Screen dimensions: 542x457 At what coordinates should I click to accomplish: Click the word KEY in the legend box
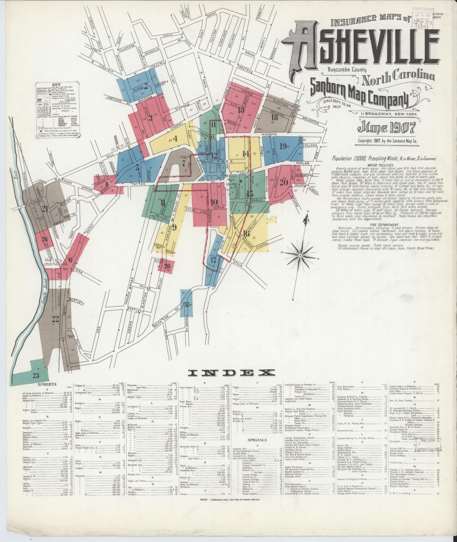click(57, 85)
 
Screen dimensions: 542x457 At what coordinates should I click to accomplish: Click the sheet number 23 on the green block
click(36, 376)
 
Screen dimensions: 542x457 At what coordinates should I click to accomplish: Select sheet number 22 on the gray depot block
click(56, 318)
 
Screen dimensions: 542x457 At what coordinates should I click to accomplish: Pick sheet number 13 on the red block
click(241, 110)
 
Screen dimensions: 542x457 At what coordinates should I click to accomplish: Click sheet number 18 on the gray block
click(274, 117)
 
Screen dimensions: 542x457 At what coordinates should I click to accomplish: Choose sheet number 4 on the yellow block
click(175, 139)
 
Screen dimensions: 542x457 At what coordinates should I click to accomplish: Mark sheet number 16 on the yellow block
click(247, 234)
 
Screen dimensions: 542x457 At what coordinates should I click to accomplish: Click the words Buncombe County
click(347, 70)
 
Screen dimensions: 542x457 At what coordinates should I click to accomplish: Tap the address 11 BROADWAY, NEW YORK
click(388, 114)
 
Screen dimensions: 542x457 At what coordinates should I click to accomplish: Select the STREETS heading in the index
click(47, 385)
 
